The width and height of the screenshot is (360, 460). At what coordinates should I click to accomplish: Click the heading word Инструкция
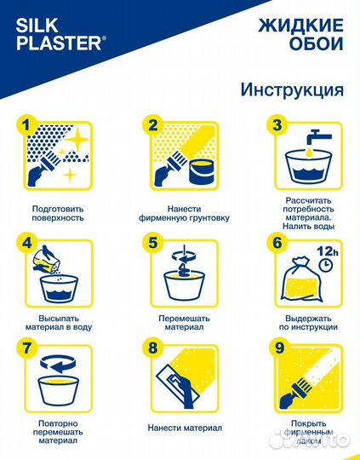292,89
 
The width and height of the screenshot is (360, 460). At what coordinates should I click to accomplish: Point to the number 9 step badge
275,348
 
